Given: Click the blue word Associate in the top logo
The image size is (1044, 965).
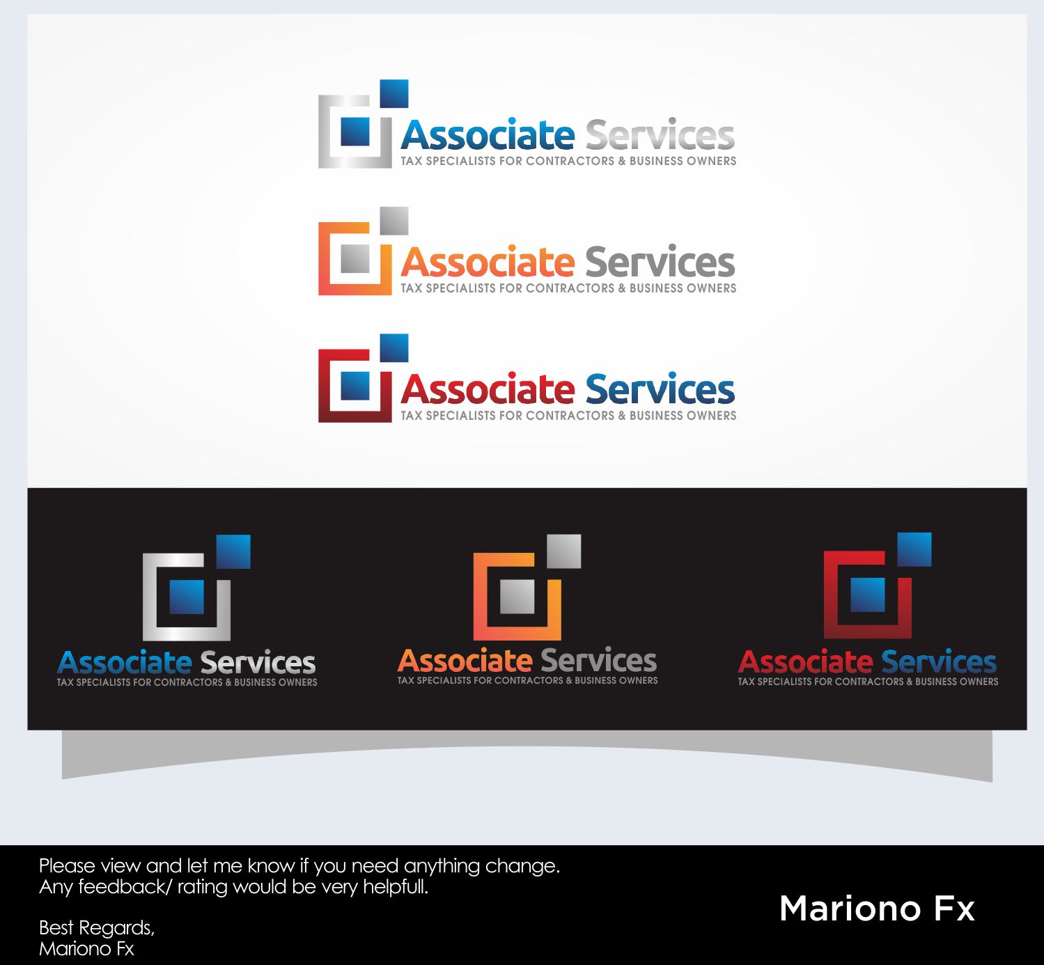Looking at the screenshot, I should (x=487, y=135).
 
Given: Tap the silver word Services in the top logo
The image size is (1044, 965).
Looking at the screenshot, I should (x=660, y=135).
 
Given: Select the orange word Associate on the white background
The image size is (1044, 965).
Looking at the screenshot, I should (x=487, y=262).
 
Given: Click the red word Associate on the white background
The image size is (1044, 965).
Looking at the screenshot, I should (x=487, y=390).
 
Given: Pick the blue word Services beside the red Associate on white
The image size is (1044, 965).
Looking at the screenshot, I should (x=660, y=390).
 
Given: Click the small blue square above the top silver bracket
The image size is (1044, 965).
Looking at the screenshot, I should (x=394, y=94).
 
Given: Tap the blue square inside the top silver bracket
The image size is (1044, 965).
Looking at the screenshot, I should (x=355, y=131).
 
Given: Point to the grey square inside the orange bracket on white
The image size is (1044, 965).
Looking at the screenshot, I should (x=355, y=258).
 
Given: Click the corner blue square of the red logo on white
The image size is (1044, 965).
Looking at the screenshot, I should (x=394, y=348).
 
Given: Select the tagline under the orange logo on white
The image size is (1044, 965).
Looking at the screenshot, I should (x=568, y=288).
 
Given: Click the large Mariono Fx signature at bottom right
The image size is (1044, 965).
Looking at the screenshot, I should (x=877, y=909).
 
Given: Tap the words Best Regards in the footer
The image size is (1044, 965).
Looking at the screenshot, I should (x=96, y=927).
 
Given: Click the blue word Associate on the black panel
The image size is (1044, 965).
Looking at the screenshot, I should (x=125, y=662).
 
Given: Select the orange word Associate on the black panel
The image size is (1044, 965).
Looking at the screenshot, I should (x=465, y=661).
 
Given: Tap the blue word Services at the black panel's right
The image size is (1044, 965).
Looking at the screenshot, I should (x=938, y=662).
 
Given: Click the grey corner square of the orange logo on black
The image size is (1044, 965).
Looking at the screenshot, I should (x=563, y=551).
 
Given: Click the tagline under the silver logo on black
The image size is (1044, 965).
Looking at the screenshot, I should (x=187, y=682).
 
